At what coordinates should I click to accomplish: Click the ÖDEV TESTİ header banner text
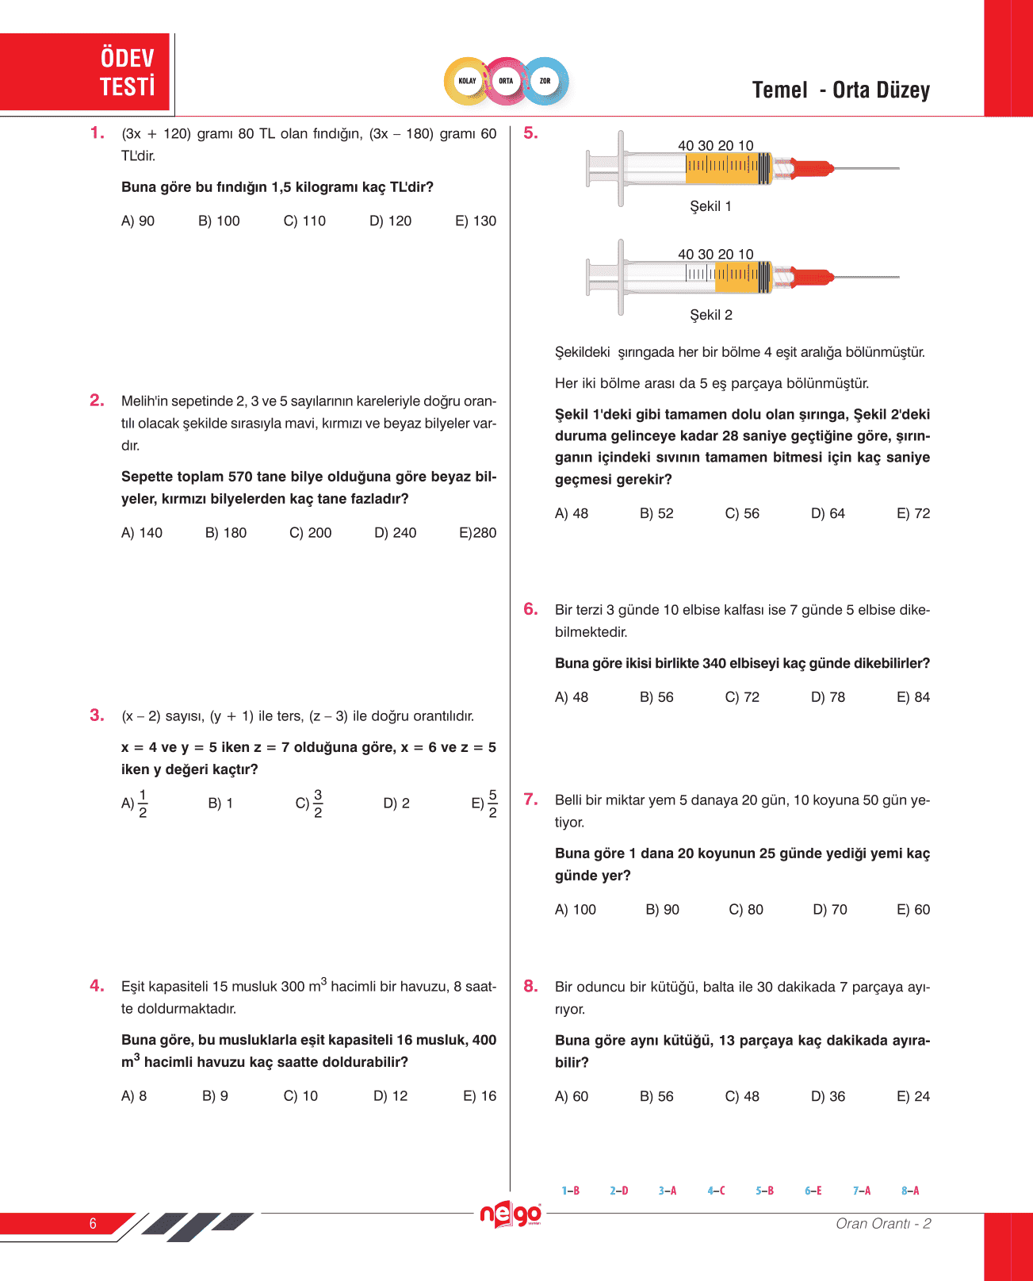(127, 71)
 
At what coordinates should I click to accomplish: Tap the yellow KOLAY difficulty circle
(467, 81)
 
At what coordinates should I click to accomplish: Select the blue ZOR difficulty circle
(545, 81)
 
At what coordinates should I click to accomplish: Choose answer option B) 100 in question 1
(219, 221)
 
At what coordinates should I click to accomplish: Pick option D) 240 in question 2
(395, 533)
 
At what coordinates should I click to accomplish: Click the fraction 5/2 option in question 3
(485, 804)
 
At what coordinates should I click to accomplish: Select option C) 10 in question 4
(300, 1096)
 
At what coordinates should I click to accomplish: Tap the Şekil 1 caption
(710, 206)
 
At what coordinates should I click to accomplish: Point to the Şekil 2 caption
(710, 315)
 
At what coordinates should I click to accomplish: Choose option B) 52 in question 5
(656, 514)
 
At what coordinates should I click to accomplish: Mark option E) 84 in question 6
(913, 697)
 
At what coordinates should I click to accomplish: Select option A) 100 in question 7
(576, 910)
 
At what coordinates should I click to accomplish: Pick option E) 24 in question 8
(913, 1097)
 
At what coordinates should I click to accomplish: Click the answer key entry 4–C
(716, 1191)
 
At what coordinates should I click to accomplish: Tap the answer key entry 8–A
(910, 1191)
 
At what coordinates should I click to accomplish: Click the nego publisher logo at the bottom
(511, 1214)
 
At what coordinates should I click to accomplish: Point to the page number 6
(93, 1223)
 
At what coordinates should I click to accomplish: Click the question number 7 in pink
(530, 800)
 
